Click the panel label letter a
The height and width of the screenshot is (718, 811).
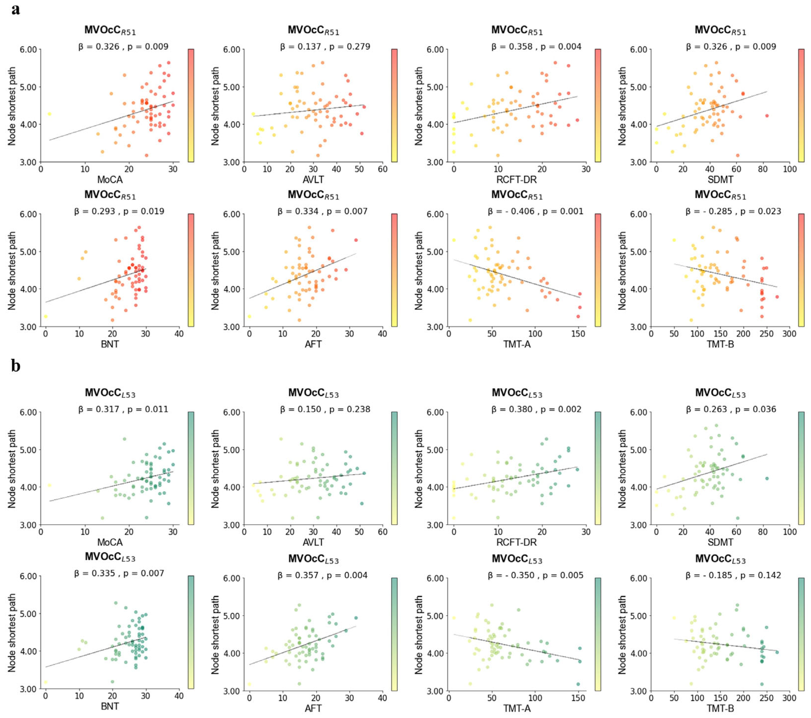[x=16, y=9]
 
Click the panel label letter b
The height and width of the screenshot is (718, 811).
[x=16, y=365]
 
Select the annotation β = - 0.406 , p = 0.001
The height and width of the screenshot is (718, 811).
[x=535, y=212]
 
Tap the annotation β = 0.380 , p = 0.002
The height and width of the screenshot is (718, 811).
[x=536, y=409]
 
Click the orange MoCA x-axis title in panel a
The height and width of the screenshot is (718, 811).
[x=110, y=180]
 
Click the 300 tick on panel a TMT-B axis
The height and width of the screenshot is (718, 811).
[x=789, y=334]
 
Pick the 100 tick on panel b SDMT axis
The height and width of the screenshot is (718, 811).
[x=789, y=532]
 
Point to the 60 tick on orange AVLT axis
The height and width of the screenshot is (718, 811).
[x=382, y=169]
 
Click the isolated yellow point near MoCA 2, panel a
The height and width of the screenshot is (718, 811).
[x=49, y=114]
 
